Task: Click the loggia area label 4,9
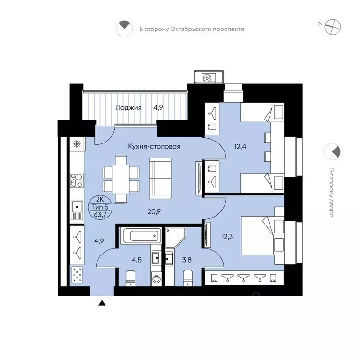[158, 108]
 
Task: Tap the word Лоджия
[128, 108]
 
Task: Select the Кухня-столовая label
[154, 146]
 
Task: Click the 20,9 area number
[154, 211]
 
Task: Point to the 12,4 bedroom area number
[240, 146]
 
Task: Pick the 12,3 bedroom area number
[227, 236]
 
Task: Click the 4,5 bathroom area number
[136, 260]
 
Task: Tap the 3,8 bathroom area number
[187, 260]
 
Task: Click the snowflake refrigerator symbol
[77, 144]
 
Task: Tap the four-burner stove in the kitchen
[77, 180]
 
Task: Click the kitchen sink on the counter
[77, 210]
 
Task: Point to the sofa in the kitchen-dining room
[160, 178]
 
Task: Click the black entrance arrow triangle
[102, 303]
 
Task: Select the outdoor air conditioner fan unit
[209, 77]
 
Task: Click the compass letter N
[320, 23]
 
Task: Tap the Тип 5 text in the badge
[100, 207]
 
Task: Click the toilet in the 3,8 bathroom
[188, 278]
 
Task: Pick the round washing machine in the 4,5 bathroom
[157, 279]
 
